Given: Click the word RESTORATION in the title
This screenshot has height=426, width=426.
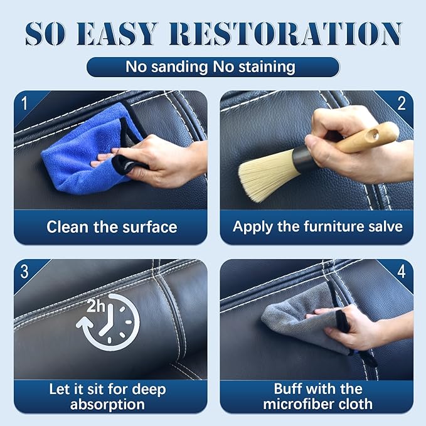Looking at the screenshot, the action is point(285,34).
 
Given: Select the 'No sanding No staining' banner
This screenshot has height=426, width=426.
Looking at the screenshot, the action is point(213,67).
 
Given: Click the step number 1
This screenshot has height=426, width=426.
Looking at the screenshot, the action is point(24,104).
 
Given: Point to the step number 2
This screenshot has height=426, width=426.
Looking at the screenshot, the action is point(402,104).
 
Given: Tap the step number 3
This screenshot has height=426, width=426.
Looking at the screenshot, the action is point(24,272).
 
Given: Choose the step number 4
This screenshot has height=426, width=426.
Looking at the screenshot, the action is point(402,272).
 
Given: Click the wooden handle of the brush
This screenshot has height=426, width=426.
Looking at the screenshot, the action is point(367,138).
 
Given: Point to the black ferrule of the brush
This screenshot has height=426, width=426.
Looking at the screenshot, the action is point(302,158).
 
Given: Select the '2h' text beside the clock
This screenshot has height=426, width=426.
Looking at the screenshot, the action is point(95,306).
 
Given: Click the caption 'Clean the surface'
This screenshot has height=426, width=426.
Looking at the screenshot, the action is point(112,226).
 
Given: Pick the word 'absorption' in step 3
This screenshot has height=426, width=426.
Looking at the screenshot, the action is point(107,405).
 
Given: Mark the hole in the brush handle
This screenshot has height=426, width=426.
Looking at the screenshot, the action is point(374,134).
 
